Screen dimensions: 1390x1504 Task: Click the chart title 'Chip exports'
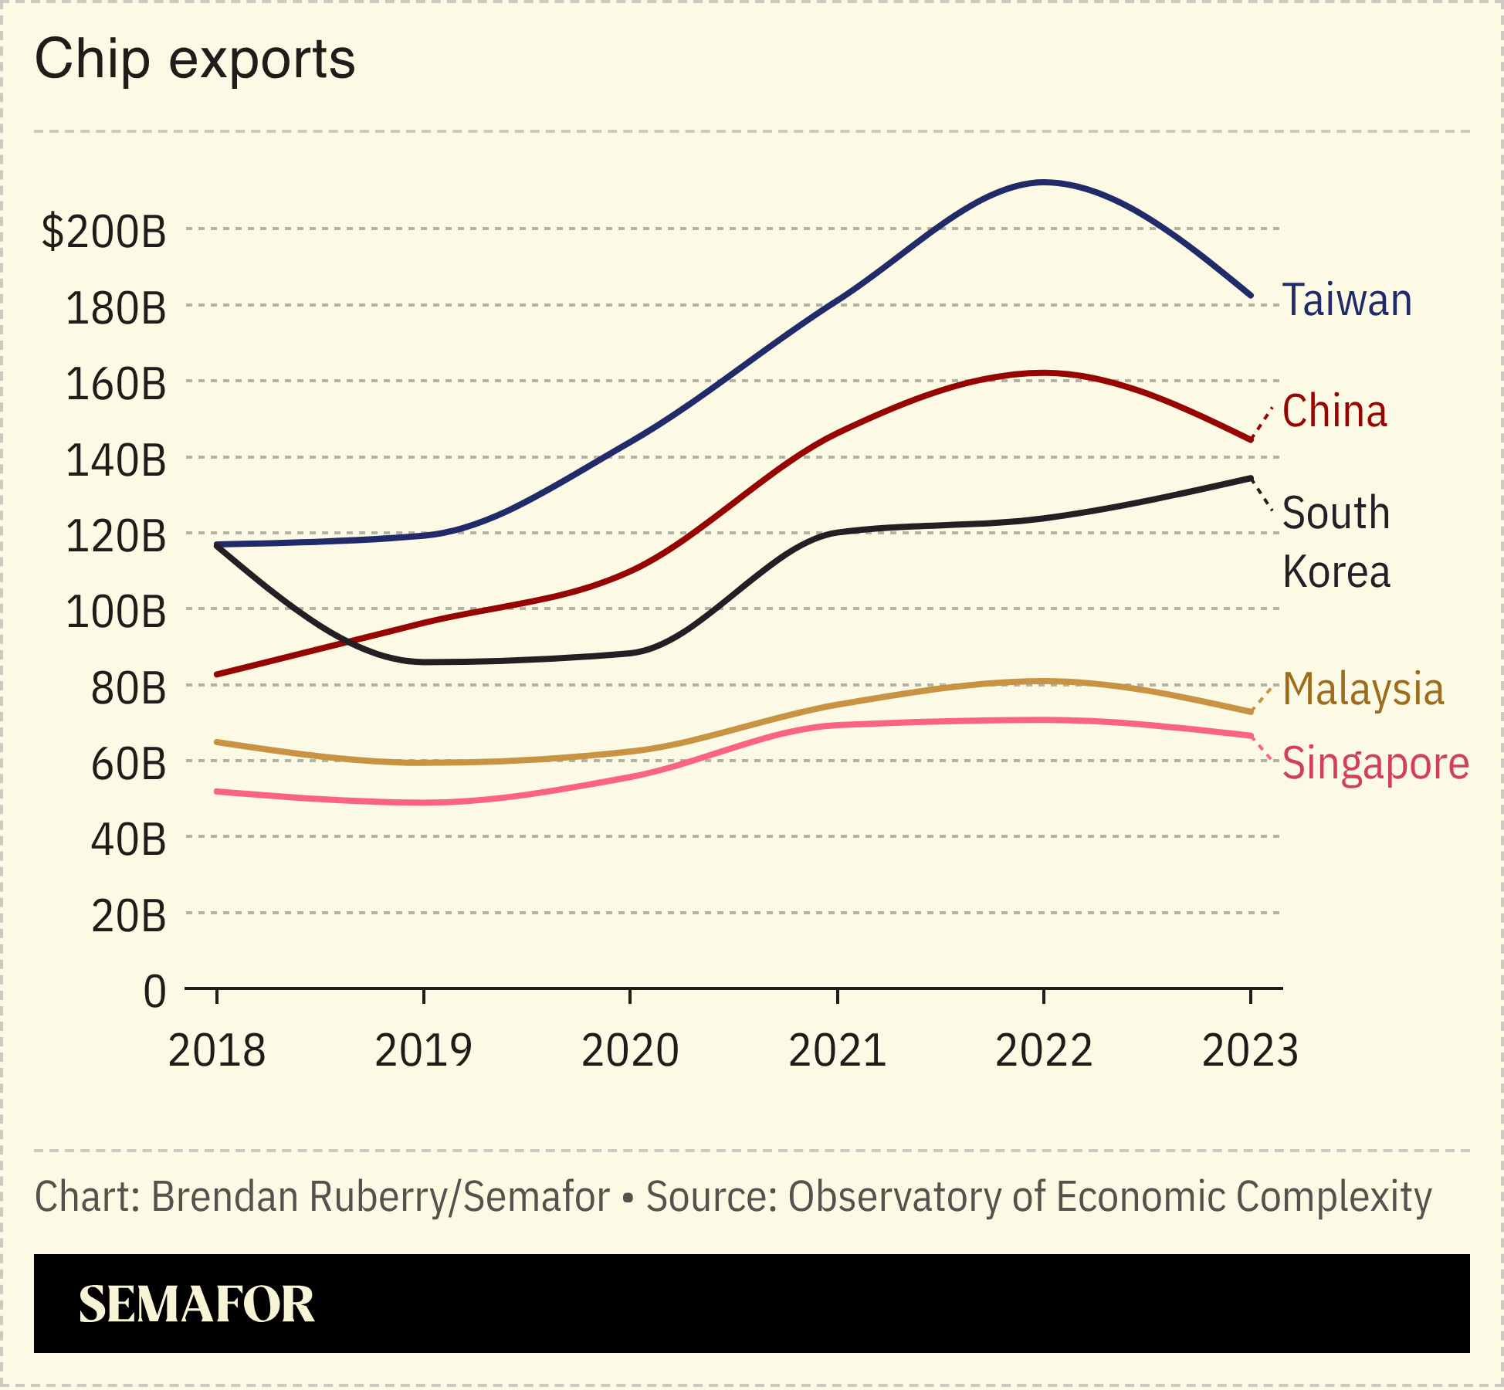point(195,59)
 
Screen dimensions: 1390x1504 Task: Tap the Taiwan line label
point(1346,300)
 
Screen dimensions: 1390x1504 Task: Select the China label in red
point(1334,411)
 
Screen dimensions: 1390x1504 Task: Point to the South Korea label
point(1336,542)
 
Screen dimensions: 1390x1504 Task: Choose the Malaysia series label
point(1363,689)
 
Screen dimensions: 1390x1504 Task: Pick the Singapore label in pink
point(1375,764)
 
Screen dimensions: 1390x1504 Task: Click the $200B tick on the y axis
point(103,230)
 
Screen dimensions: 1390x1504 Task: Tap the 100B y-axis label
point(116,612)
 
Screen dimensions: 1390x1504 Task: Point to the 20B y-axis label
point(128,916)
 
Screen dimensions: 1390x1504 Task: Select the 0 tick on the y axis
point(154,991)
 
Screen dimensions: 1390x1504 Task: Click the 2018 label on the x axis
point(216,1050)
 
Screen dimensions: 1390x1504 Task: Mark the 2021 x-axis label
point(837,1050)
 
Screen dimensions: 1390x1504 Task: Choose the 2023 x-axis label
point(1250,1050)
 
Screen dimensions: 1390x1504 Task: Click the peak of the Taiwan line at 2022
point(1044,182)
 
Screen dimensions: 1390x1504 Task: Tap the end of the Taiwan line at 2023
point(1250,295)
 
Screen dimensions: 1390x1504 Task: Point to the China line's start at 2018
point(217,674)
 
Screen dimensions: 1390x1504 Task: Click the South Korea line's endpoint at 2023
point(1250,478)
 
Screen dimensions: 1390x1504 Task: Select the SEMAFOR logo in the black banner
point(196,1305)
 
